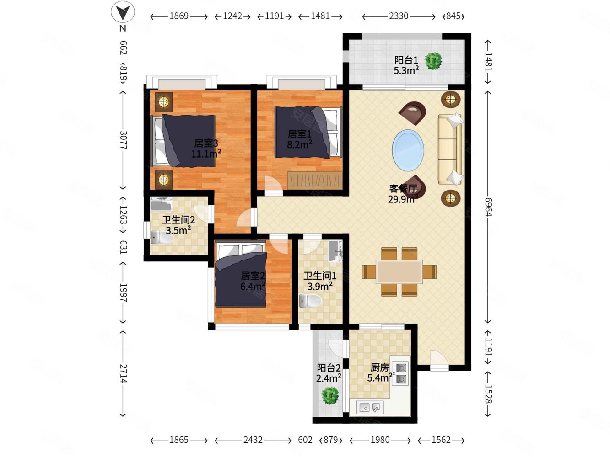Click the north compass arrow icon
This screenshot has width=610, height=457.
click(x=123, y=12)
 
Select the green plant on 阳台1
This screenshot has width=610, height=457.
click(x=433, y=61)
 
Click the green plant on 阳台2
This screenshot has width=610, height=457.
click(x=330, y=395)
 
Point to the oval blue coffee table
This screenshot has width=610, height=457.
click(x=408, y=150)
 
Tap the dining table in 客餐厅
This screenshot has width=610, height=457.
click(x=399, y=271)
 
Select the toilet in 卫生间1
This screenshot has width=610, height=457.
click(x=310, y=301)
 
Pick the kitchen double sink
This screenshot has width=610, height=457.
click(x=371, y=407)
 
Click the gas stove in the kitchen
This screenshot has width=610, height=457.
click(x=400, y=373)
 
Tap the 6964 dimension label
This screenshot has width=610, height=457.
click(x=488, y=207)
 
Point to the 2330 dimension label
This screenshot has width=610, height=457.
click(x=399, y=16)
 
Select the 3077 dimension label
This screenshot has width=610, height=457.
click(x=123, y=140)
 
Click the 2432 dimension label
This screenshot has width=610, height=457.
click(x=253, y=440)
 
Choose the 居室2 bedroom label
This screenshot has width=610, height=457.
click(x=253, y=276)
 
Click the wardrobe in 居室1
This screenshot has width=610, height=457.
click(x=314, y=181)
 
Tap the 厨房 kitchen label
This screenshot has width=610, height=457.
click(x=379, y=367)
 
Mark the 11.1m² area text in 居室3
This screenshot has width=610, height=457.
click(x=206, y=153)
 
